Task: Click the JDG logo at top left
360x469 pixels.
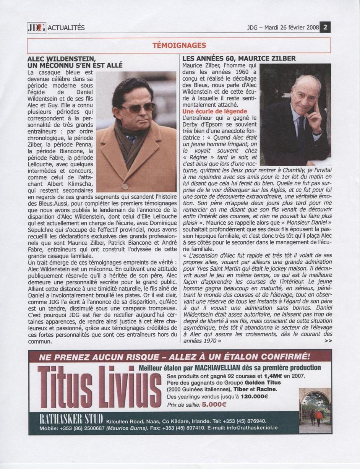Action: (x=36, y=28)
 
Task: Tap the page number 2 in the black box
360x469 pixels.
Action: (x=325, y=28)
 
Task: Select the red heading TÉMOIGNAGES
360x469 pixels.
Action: (x=179, y=45)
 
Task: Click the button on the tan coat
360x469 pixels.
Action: (x=125, y=187)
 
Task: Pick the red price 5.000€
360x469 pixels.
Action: (x=214, y=404)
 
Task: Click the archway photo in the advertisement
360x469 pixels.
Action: (x=315, y=410)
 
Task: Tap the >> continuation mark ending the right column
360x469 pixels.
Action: (x=328, y=341)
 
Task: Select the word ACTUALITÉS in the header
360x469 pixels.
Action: (x=65, y=28)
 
